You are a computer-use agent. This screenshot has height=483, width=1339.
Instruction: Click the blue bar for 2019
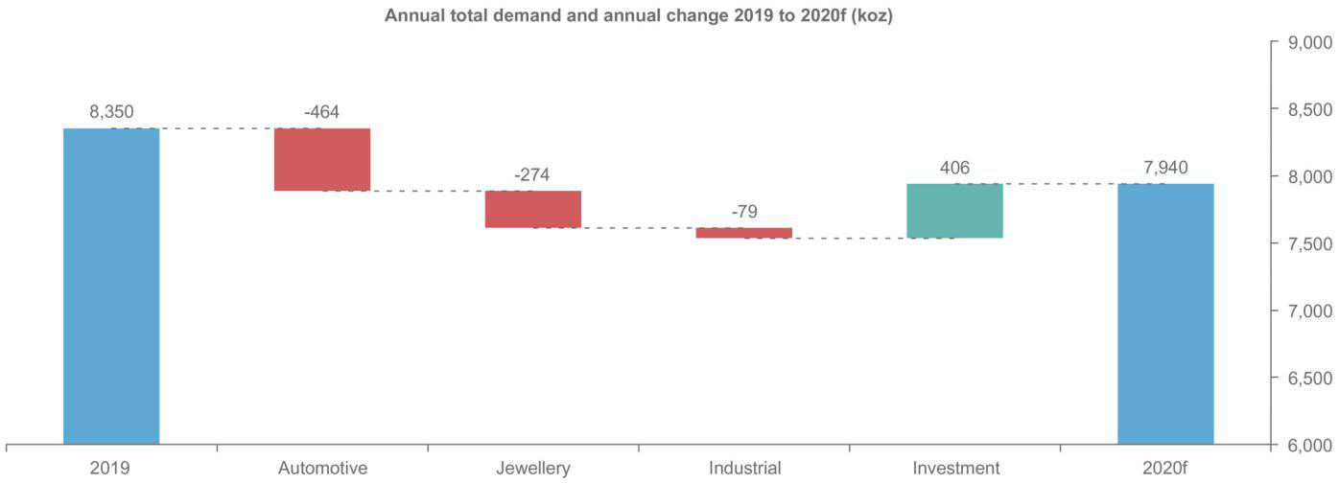(x=111, y=286)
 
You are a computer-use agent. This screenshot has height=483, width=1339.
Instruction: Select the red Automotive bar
(x=322, y=159)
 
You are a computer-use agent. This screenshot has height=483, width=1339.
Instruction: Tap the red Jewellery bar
(x=533, y=209)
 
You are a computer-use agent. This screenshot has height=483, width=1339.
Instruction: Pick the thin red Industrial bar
(x=744, y=233)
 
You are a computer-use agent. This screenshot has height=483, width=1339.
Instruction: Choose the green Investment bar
(x=954, y=211)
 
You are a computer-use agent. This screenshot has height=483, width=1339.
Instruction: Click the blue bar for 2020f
(x=1165, y=313)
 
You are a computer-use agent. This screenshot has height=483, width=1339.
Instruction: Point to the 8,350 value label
(x=111, y=113)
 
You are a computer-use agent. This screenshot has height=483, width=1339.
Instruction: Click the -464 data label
(x=322, y=113)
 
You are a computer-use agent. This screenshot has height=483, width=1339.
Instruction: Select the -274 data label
(x=532, y=175)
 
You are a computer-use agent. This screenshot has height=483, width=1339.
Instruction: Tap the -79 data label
(x=743, y=212)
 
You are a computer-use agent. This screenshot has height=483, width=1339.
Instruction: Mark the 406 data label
(x=954, y=169)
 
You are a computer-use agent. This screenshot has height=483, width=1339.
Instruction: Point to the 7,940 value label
(x=1165, y=169)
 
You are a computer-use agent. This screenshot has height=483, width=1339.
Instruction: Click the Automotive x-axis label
(x=322, y=469)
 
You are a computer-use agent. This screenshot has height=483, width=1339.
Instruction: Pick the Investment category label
(x=955, y=469)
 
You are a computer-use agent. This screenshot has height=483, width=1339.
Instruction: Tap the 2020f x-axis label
(x=1165, y=469)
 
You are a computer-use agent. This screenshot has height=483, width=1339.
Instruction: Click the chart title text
(x=639, y=16)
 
